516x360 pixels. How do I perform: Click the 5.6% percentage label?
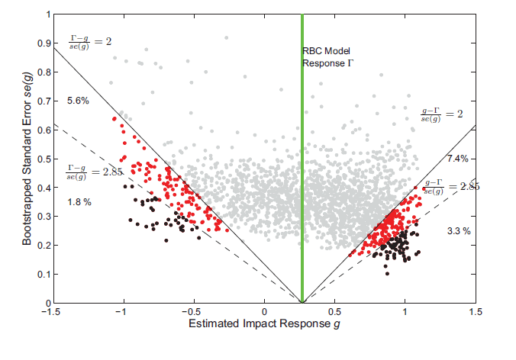click(79, 101)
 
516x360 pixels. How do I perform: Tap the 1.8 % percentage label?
click(79, 202)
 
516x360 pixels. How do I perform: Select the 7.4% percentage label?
click(457, 159)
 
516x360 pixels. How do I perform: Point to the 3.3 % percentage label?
click(457, 230)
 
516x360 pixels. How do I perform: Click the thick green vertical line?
click(302, 191)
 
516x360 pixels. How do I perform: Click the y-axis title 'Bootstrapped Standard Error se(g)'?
click(27, 158)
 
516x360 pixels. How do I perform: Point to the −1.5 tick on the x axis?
click(51, 311)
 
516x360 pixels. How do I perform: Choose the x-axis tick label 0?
click(265, 311)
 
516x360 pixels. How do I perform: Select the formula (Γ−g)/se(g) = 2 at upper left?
click(91, 40)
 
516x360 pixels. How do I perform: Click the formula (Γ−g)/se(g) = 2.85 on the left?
click(95, 173)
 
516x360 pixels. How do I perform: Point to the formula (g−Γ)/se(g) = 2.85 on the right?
click(445, 187)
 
